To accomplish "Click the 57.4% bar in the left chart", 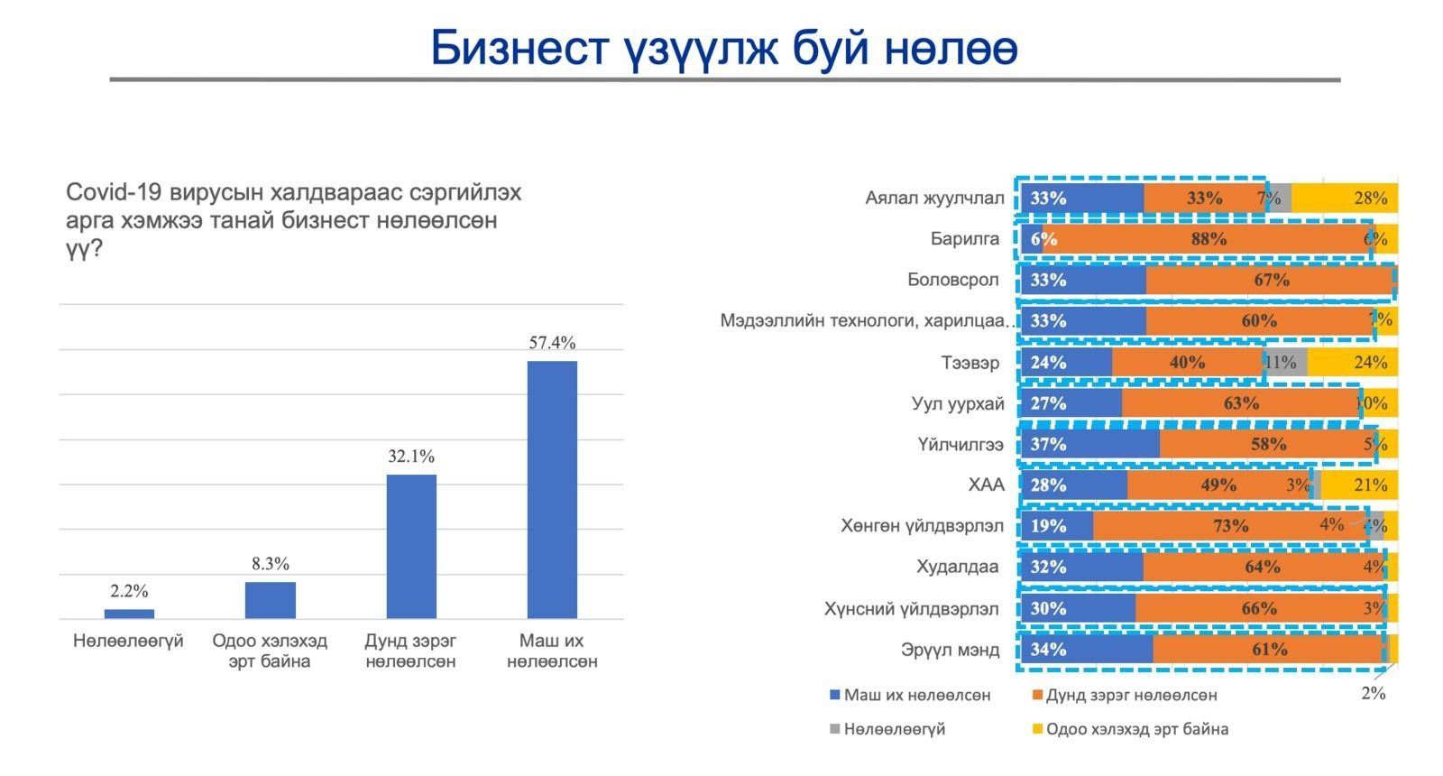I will [x=552, y=490].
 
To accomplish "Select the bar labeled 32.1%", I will [x=411, y=546].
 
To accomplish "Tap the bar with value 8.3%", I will [x=270, y=600].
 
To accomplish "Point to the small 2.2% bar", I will [x=129, y=614].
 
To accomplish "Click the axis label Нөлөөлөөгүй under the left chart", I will [x=128, y=641].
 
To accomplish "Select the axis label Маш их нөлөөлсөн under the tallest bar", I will [x=552, y=651].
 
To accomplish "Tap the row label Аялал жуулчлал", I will [x=934, y=198].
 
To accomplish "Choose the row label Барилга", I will [x=965, y=239].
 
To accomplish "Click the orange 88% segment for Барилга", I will [x=1209, y=239].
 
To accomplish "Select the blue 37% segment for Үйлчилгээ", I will [x=1090, y=444].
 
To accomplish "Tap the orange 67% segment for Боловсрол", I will [x=1271, y=280].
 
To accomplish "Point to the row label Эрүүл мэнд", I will [x=951, y=649].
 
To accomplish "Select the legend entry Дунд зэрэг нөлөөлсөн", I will [x=1131, y=695].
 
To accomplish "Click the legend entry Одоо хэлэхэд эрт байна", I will [x=1136, y=728].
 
